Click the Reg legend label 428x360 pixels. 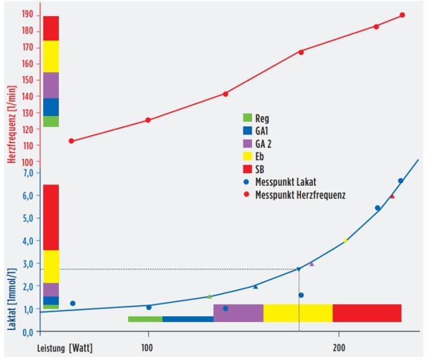pos(261,118)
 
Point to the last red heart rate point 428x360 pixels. pos(402,15)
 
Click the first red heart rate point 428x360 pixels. pos(71,141)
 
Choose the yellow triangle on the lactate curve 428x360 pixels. pos(345,240)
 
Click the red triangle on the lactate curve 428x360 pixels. pos(392,196)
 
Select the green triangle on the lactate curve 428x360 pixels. pos(209,296)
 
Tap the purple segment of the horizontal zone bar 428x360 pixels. pos(238,313)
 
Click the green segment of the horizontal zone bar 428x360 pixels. pos(145,319)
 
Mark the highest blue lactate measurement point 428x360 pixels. pos(400,181)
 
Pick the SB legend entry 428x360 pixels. pos(259,169)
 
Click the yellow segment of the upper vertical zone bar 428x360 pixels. pos(51,56)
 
